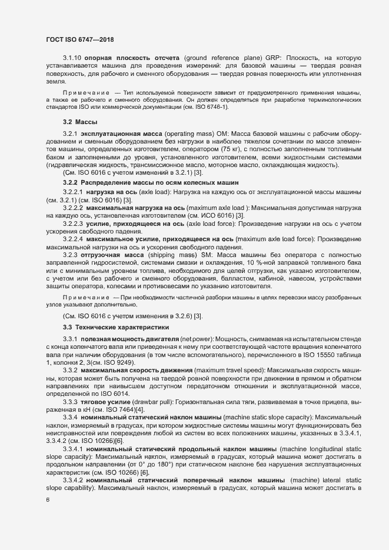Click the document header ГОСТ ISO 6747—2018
pyautogui.click(x=79, y=39)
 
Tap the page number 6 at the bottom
pyautogui.click(x=48, y=500)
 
